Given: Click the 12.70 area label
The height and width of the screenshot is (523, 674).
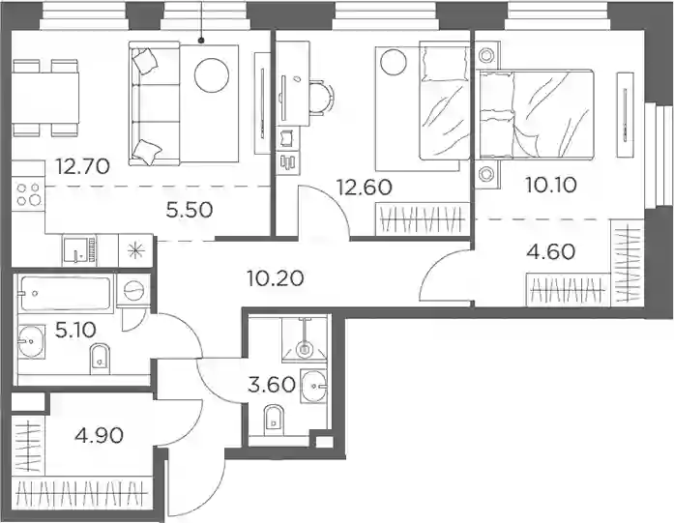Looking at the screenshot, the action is click(x=83, y=166).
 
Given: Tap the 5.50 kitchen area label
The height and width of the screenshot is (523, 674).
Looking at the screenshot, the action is click(x=190, y=210).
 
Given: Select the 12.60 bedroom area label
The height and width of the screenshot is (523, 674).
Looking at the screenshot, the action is click(x=364, y=188).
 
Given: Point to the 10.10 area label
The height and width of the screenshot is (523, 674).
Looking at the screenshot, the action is click(x=550, y=186).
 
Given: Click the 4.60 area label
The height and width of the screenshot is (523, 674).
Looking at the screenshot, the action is click(x=550, y=251).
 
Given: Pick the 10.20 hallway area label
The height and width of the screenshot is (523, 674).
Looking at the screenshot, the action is click(x=276, y=278).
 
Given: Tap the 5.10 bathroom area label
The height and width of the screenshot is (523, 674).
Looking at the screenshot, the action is click(x=75, y=330).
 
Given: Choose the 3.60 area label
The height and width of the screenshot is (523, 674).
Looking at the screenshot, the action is click(x=272, y=384).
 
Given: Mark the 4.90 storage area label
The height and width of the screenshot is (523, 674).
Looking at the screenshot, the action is click(x=99, y=436).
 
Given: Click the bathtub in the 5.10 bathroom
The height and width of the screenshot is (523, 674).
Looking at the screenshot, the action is click(x=66, y=294).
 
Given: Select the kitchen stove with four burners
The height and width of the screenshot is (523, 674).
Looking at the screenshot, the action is click(x=28, y=194).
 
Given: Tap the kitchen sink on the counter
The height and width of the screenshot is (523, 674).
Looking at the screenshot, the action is click(x=79, y=249).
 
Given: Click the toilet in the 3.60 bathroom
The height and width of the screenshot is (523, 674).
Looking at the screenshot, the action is click(x=275, y=418).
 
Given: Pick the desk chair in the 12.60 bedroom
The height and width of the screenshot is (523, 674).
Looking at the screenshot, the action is click(x=321, y=99).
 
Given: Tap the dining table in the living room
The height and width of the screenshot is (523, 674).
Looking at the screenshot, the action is click(x=45, y=98).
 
